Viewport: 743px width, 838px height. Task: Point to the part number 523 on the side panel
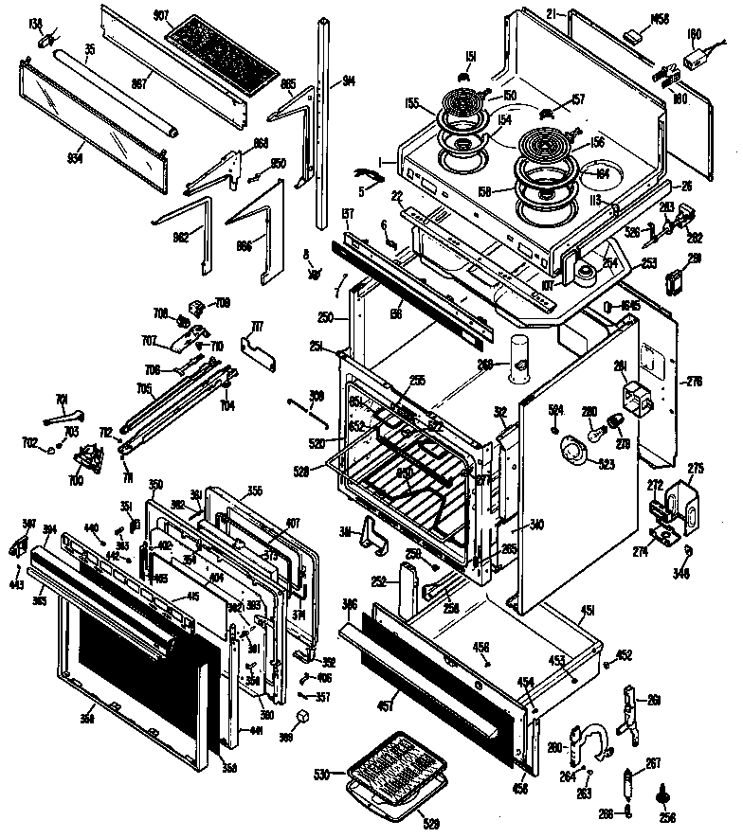[604, 463]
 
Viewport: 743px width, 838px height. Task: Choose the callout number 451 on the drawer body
[587, 610]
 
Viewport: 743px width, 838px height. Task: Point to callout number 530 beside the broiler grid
[322, 775]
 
